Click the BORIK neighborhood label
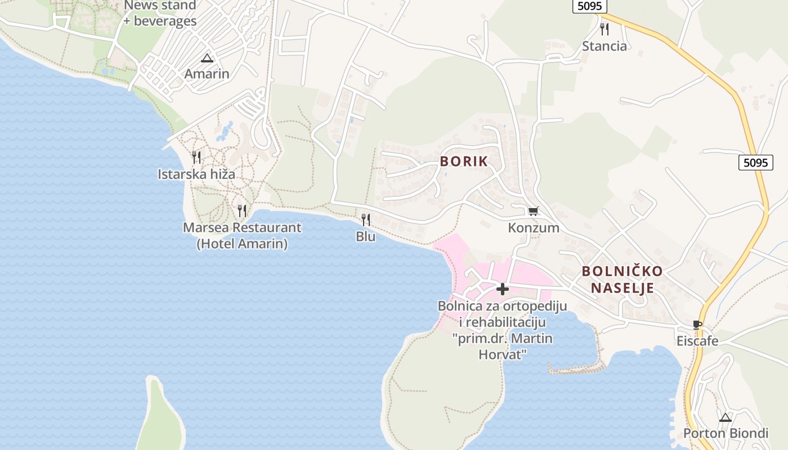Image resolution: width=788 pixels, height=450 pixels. pyautogui.click(x=464, y=161)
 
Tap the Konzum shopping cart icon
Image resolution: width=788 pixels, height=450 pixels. pyautogui.click(x=533, y=211)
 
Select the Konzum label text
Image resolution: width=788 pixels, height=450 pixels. pyautogui.click(x=533, y=228)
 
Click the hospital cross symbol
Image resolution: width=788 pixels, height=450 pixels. pyautogui.click(x=502, y=289)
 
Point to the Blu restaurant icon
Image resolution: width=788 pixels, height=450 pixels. pyautogui.click(x=366, y=220)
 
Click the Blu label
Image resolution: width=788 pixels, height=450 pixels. pyautogui.click(x=366, y=237)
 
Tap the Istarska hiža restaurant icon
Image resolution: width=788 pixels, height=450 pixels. pyautogui.click(x=196, y=157)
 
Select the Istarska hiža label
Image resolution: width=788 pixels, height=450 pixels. pyautogui.click(x=196, y=174)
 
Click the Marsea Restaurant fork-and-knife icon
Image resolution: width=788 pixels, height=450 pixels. pyautogui.click(x=242, y=211)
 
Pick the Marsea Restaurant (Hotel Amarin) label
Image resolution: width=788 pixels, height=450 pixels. pyautogui.click(x=242, y=236)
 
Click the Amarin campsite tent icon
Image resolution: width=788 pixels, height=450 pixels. pyautogui.click(x=207, y=58)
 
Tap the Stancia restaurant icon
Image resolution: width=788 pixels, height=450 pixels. pyautogui.click(x=604, y=29)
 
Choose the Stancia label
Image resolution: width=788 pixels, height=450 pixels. pyautogui.click(x=604, y=46)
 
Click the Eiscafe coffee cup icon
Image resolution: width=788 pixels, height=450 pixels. pyautogui.click(x=697, y=325)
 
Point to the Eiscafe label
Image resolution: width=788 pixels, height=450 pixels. pyautogui.click(x=697, y=341)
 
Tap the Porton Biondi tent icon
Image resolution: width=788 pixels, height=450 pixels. pyautogui.click(x=726, y=417)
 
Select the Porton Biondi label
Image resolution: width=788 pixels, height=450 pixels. pyautogui.click(x=726, y=434)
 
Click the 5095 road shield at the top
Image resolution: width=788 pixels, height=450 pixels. pyautogui.click(x=589, y=6)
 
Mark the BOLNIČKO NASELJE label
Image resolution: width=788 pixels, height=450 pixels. pyautogui.click(x=622, y=280)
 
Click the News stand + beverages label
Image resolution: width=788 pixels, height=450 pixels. pyautogui.click(x=160, y=13)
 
